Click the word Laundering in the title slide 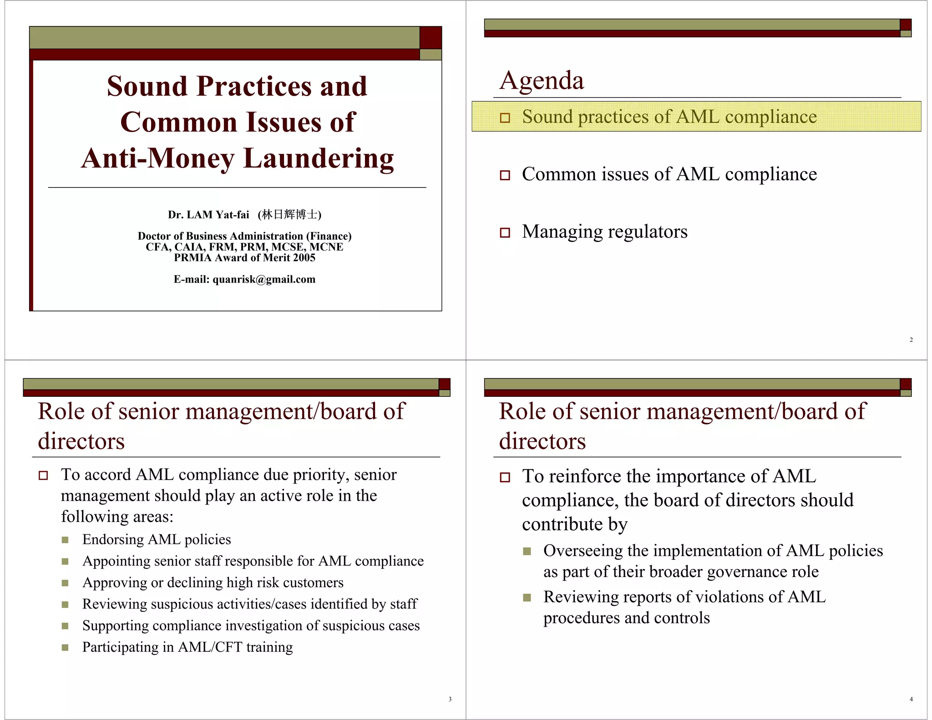pos(319,158)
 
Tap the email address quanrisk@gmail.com pos(264,279)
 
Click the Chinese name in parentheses pos(289,214)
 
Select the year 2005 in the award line pos(304,258)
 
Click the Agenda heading pos(542,81)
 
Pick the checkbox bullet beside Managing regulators pos(505,233)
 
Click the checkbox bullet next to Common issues pos(505,175)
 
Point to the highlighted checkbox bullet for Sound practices pos(505,118)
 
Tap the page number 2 pos(911,340)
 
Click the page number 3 pos(450,699)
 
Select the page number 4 pos(911,699)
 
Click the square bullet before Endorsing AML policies pos(65,540)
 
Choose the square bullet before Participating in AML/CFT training pos(65,648)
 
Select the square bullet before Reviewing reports pos(527,598)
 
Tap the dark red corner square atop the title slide pos(431,37)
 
